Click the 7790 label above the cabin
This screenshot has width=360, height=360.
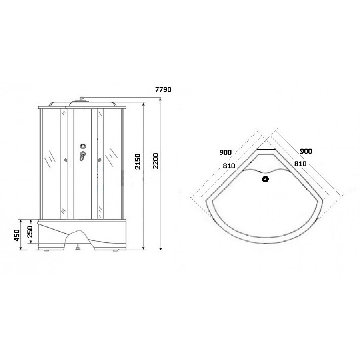tap(163, 90)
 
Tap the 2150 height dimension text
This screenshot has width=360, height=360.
tap(138, 162)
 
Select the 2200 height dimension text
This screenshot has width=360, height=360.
tap(156, 161)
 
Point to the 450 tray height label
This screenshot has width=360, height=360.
tap(17, 235)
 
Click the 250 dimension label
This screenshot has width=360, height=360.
tap(30, 232)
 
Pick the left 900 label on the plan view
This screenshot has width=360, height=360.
tap(226, 152)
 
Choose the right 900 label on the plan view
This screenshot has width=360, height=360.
tap(306, 151)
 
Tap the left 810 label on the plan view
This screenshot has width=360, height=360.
tap(229, 166)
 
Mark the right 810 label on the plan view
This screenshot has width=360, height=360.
tap(300, 164)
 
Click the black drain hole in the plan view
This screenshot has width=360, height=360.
tap(266, 179)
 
